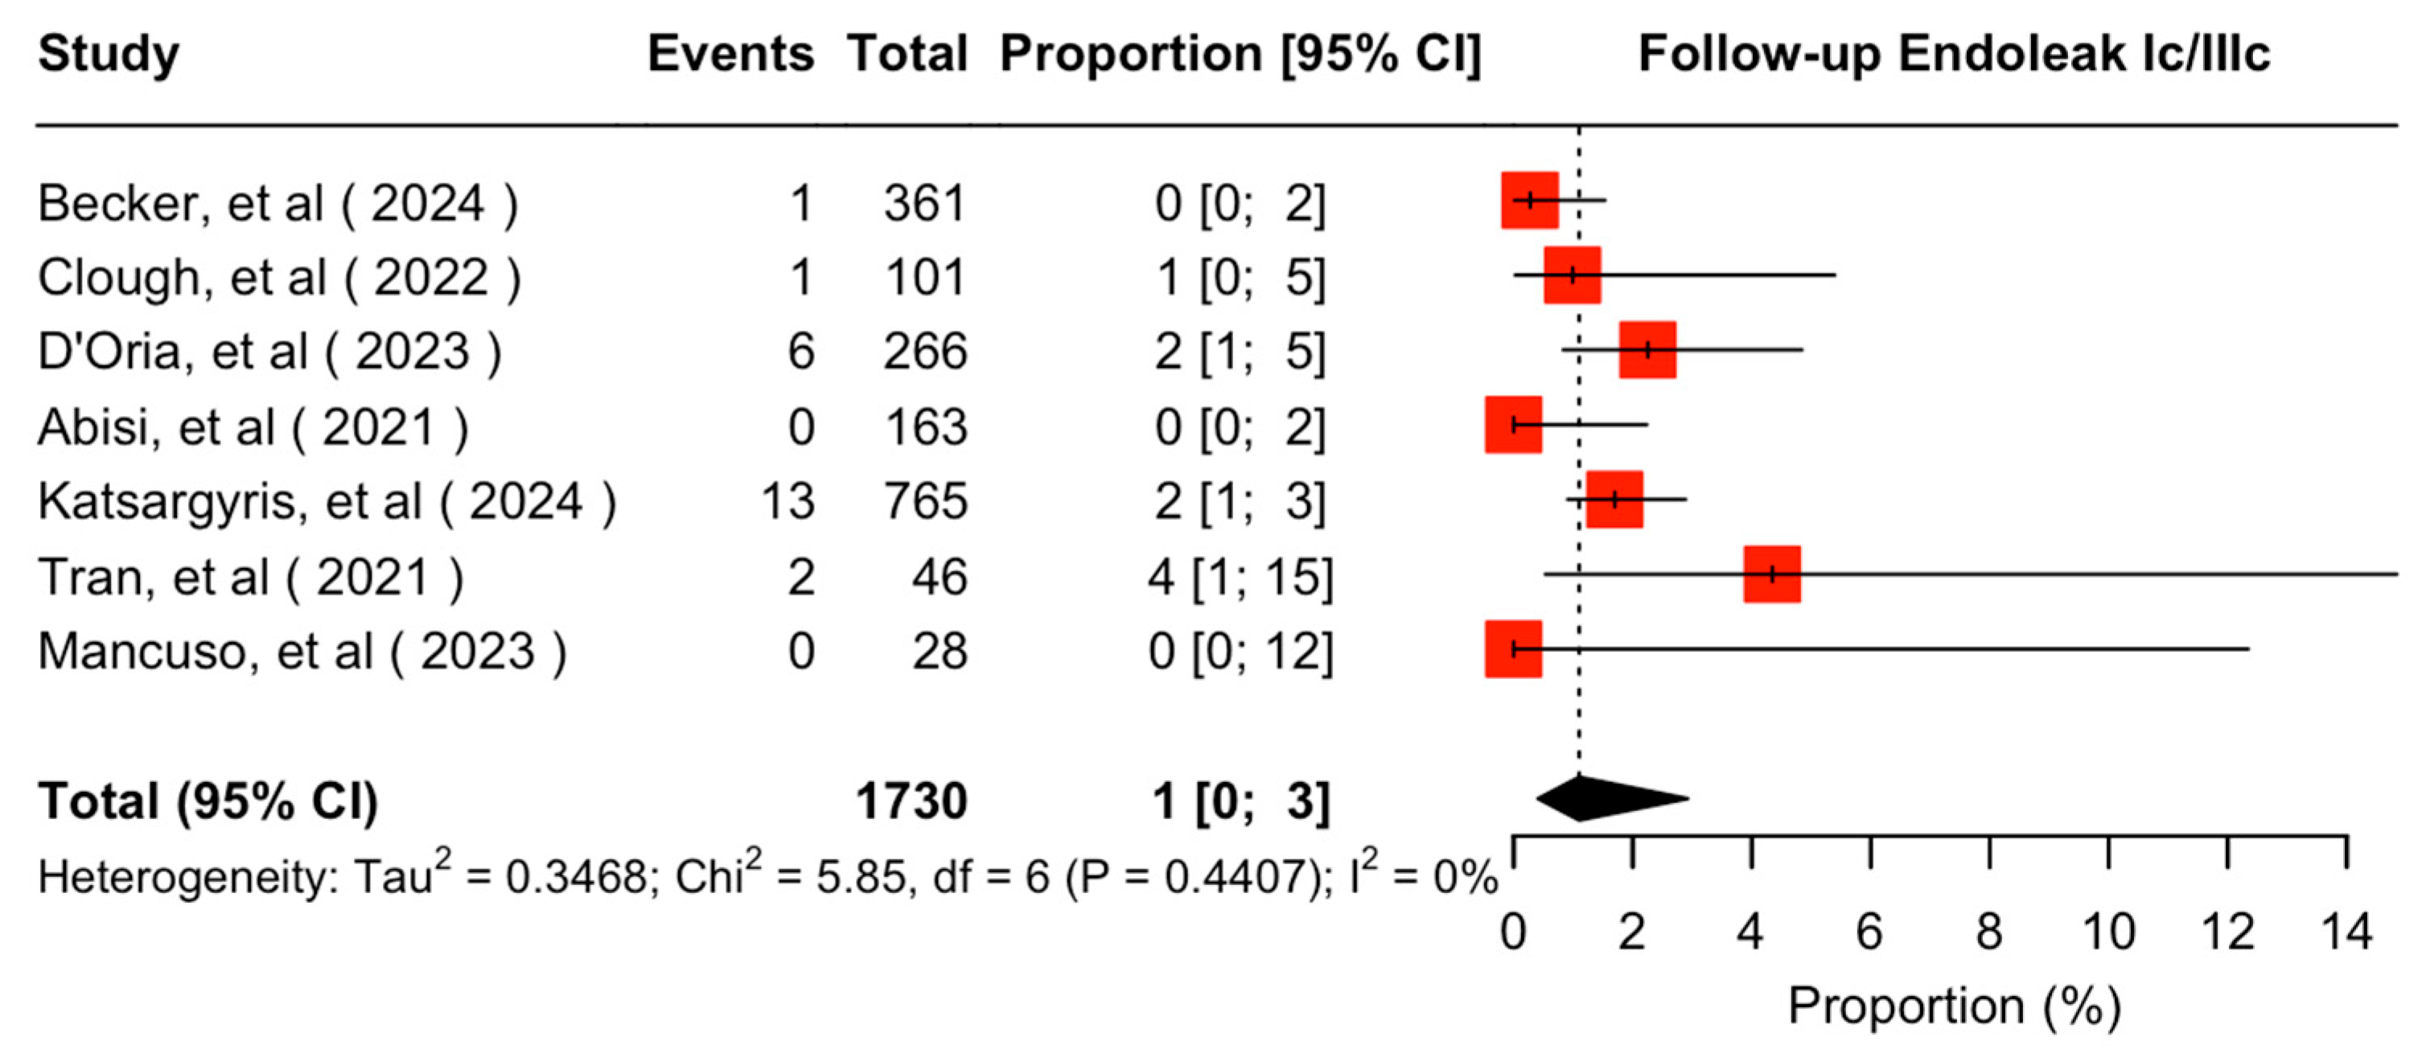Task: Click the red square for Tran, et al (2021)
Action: pos(1771,574)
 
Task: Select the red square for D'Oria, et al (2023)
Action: pos(1647,349)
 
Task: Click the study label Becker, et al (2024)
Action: pos(277,203)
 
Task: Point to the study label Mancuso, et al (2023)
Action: pos(302,651)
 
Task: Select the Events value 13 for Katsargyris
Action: pos(787,501)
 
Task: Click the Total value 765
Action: pos(925,501)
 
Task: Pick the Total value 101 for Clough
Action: pos(925,277)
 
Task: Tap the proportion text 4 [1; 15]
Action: pos(1240,576)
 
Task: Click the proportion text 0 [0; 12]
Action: pos(1240,651)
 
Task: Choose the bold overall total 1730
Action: pos(911,801)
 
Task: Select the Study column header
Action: pos(109,53)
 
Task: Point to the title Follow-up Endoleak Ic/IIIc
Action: pos(1954,53)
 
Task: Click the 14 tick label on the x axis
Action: pos(2346,933)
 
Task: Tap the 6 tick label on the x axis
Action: pos(1869,933)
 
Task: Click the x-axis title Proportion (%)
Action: pos(1954,1006)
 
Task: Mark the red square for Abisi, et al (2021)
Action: pos(1513,425)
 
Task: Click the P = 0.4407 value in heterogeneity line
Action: pos(1200,878)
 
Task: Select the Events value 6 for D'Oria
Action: pos(800,352)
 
